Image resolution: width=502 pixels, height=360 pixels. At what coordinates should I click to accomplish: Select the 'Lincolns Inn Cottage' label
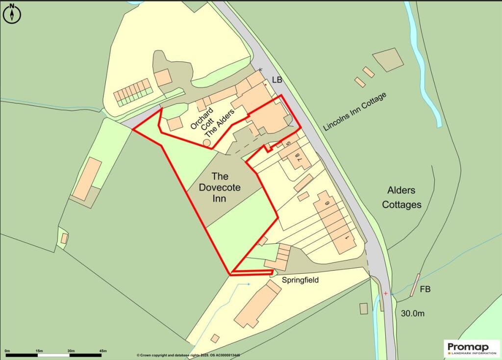coord(355,111)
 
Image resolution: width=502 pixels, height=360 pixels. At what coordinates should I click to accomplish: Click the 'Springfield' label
coord(301,280)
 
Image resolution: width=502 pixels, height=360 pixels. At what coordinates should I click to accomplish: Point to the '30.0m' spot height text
coord(412,313)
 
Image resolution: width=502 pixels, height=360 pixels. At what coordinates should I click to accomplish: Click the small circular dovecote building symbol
coord(207,142)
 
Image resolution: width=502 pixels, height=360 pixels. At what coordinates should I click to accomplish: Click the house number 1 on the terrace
coord(347,238)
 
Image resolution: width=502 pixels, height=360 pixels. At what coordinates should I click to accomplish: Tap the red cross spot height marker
coord(386,293)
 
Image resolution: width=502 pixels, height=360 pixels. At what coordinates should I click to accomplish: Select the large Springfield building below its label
coord(257,304)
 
